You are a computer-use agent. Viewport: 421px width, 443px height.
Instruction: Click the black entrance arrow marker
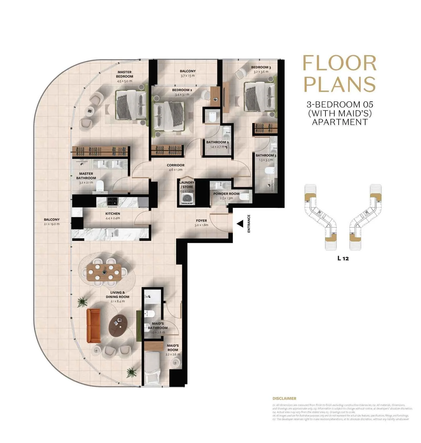click(x=240, y=224)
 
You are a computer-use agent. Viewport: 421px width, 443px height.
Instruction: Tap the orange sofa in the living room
click(x=93, y=326)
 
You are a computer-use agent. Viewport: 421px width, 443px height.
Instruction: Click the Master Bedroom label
click(x=124, y=74)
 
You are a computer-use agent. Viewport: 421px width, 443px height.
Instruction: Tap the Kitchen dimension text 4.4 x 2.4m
click(x=113, y=218)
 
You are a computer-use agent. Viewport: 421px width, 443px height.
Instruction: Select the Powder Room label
click(x=226, y=194)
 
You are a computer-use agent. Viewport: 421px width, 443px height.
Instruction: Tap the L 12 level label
click(x=343, y=258)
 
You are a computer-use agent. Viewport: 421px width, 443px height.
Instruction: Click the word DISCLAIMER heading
click(x=284, y=398)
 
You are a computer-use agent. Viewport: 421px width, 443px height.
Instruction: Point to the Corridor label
click(x=176, y=165)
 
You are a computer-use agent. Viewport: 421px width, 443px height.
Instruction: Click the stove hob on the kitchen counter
click(x=112, y=202)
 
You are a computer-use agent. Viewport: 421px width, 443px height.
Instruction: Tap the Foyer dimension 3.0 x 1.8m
click(x=201, y=225)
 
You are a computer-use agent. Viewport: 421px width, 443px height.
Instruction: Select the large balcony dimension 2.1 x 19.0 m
click(x=52, y=224)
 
